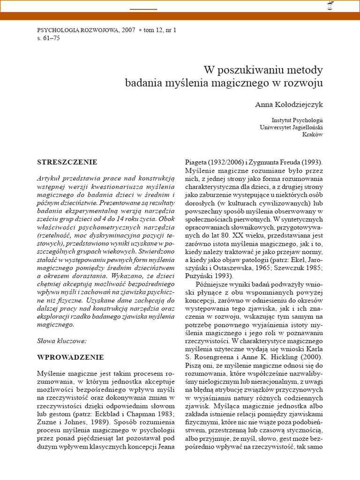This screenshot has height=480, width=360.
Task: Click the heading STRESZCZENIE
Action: click(x=67, y=162)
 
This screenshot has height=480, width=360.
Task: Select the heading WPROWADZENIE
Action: click(x=70, y=357)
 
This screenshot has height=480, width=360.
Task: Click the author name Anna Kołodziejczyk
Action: click(x=289, y=104)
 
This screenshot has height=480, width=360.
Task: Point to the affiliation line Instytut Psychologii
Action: click(x=297, y=120)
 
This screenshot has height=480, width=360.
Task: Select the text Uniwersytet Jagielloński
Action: click(x=291, y=127)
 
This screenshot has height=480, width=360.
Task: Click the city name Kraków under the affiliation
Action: click(x=313, y=135)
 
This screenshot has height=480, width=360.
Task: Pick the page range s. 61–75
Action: click(x=48, y=37)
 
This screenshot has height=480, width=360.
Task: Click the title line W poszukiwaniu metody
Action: click(x=263, y=70)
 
